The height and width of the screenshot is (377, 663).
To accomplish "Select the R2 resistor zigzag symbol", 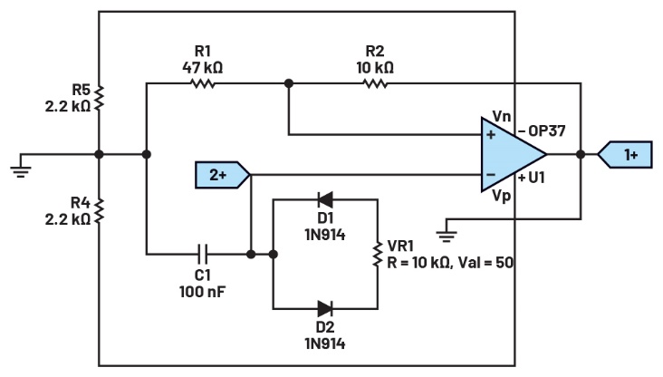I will [x=376, y=83].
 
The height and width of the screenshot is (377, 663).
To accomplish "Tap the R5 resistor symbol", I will [x=99, y=97].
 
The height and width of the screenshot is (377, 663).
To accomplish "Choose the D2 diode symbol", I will [x=325, y=309].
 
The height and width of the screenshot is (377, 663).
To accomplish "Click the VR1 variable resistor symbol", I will [x=378, y=255].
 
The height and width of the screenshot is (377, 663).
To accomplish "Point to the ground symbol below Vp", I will [x=446, y=234].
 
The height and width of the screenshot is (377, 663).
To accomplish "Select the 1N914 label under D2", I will [x=325, y=343].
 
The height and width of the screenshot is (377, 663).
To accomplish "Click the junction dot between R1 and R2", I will [x=289, y=83].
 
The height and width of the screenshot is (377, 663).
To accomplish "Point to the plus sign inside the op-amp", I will [x=491, y=135].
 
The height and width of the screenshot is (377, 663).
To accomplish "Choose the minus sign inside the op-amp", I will [x=491, y=174].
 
